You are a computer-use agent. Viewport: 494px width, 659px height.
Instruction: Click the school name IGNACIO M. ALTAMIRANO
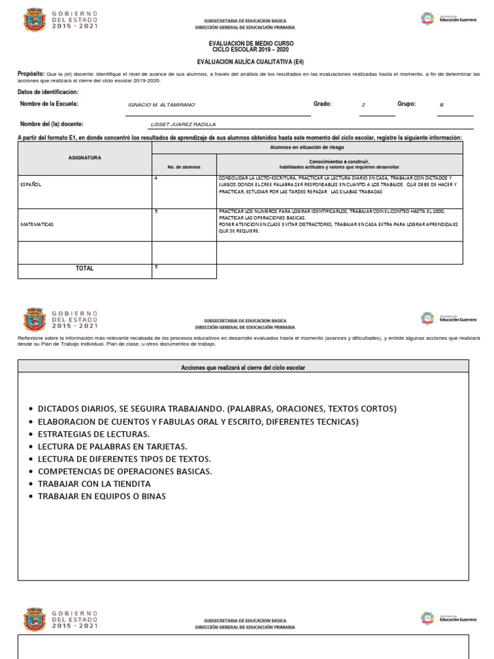pyautogui.click(x=162, y=104)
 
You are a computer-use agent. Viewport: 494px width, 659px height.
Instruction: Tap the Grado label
pyautogui.click(x=322, y=104)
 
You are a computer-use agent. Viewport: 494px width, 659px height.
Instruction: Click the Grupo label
pyautogui.click(x=407, y=104)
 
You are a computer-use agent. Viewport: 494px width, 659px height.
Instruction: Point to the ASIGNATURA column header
pyautogui.click(x=85, y=158)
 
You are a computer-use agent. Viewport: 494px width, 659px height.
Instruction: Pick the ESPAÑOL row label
pyautogui.click(x=30, y=184)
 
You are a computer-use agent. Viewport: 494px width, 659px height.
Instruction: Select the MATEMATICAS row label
pyautogui.click(x=37, y=225)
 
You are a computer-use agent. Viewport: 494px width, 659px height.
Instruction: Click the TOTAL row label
pyautogui.click(x=84, y=268)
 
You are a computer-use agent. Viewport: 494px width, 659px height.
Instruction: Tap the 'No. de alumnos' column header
pyautogui.click(x=184, y=167)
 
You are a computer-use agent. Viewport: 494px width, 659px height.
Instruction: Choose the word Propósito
pyautogui.click(x=31, y=75)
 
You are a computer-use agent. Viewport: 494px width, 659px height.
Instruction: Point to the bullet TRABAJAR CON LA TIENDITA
pyautogui.click(x=95, y=483)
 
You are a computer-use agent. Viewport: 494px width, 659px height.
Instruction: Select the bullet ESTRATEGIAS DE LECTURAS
pyautogui.click(x=94, y=434)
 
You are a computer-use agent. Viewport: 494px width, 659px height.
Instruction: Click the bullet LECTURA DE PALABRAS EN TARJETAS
pyautogui.click(x=113, y=447)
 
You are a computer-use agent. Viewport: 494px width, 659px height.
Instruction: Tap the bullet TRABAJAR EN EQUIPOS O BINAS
pyautogui.click(x=102, y=496)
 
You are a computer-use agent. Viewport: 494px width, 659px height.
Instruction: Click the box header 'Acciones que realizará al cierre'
pyautogui.click(x=243, y=367)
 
